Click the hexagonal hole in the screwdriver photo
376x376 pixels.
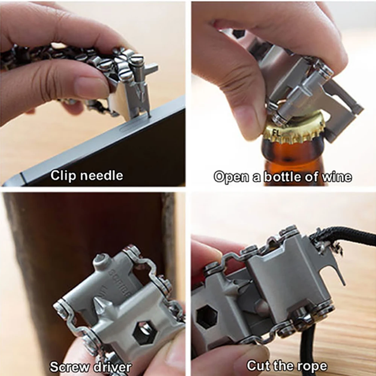[x=144, y=333]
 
